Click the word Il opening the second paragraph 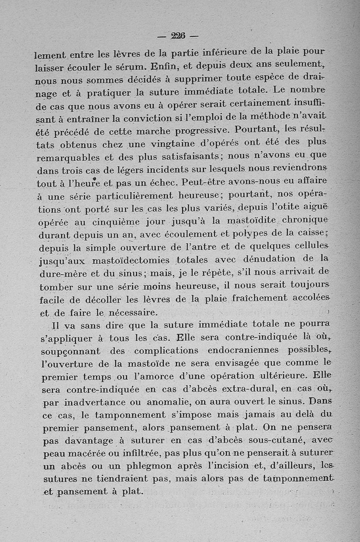pyautogui.click(x=57, y=325)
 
